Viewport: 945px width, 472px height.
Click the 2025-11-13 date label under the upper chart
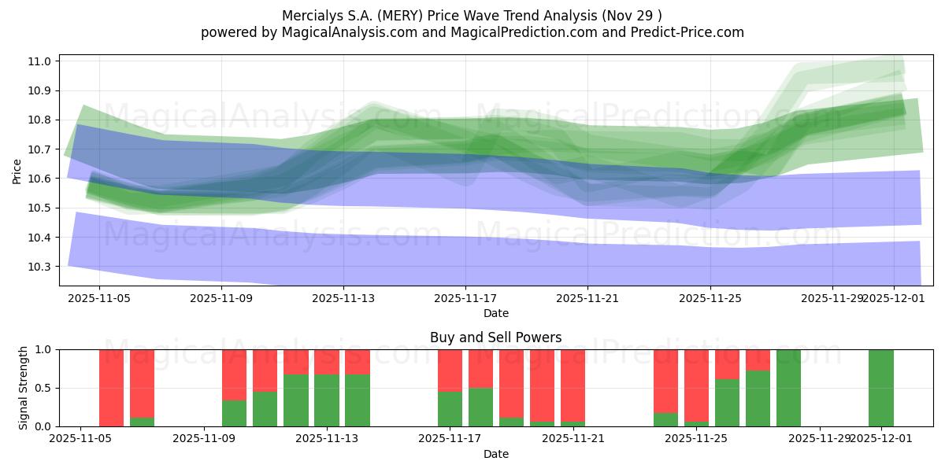coord(343,298)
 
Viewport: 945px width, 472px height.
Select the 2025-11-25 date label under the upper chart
coord(710,298)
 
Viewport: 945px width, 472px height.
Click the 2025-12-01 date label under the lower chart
coord(880,439)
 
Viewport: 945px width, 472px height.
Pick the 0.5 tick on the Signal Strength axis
coord(44,388)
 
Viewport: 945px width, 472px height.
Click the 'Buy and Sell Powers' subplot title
coord(495,337)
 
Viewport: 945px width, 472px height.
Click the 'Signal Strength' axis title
coord(24,388)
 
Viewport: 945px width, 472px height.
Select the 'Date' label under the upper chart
coord(495,313)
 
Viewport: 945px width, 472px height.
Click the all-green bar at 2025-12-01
coord(880,388)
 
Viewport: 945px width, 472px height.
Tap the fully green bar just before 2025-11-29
coord(788,388)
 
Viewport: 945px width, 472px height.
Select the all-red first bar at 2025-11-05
coord(111,388)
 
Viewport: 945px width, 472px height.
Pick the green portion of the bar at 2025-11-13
coord(357,401)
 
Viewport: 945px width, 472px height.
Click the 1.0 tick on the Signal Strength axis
coord(44,349)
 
